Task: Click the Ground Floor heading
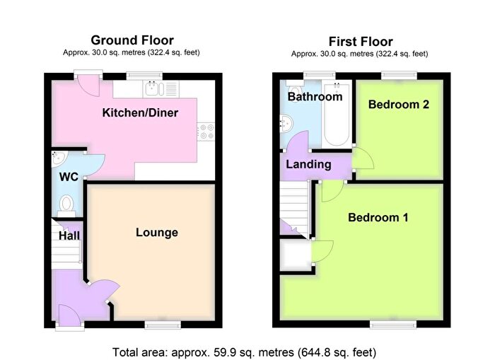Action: [132, 40]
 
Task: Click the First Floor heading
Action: [361, 42]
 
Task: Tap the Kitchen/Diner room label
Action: [140, 112]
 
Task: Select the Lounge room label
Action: [157, 233]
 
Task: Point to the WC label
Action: [69, 177]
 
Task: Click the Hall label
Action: [69, 236]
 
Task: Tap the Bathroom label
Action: [315, 97]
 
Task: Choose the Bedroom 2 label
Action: [399, 105]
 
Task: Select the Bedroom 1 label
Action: [378, 218]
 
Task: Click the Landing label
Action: [308, 164]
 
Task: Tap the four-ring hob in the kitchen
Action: [206, 132]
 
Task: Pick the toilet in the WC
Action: [66, 205]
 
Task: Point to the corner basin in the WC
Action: [59, 158]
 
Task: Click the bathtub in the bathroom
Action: [337, 113]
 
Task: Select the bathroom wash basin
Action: [287, 123]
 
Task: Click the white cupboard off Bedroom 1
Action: [296, 255]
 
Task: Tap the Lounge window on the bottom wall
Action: [163, 325]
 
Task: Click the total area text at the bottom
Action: [245, 352]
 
